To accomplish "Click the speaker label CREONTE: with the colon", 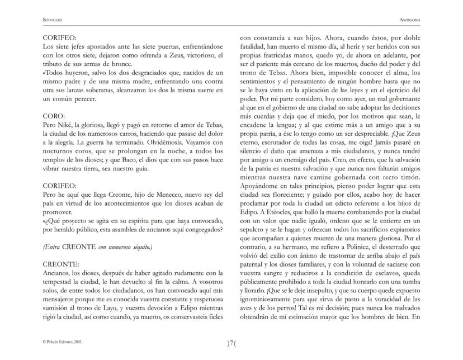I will coord(63,262).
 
